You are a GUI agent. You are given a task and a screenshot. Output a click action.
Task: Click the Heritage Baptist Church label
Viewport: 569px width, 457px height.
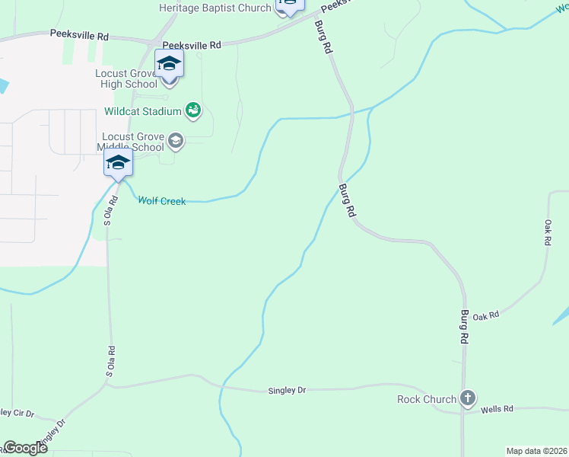(215, 8)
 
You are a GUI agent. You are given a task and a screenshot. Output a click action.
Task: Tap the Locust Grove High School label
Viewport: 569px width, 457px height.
(126, 79)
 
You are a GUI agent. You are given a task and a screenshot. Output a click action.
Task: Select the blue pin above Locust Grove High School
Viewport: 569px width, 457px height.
(169, 66)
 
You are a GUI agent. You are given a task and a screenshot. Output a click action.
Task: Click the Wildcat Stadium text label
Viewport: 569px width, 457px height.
(143, 111)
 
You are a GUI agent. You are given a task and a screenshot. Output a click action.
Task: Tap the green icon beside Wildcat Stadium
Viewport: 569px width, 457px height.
(193, 111)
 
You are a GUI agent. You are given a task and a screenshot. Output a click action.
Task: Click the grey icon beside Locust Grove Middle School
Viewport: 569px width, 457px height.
(176, 140)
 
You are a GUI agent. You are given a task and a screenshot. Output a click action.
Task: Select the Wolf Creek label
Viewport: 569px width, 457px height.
(161, 201)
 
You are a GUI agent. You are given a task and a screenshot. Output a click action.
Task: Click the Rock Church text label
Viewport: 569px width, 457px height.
(427, 399)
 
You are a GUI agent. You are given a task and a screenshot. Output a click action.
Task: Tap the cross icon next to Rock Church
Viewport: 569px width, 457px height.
(468, 398)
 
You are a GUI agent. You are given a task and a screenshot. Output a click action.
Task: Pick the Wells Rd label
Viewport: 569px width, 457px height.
(497, 410)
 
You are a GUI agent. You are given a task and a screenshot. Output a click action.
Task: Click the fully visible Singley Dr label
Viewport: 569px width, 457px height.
(287, 391)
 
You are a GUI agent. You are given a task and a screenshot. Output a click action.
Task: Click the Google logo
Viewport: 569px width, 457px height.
(25, 448)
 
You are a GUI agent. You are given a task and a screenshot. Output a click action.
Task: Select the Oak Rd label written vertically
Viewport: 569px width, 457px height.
(548, 232)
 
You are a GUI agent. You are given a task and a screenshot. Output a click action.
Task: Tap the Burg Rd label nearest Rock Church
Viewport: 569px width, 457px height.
(463, 325)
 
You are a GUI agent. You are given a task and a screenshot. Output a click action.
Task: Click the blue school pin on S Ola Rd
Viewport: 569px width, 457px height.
(118, 164)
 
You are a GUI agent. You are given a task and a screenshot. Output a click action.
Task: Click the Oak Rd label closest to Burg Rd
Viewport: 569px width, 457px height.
(485, 315)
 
